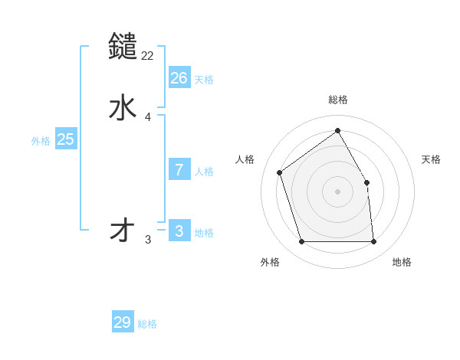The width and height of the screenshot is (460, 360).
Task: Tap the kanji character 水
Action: click(x=123, y=108)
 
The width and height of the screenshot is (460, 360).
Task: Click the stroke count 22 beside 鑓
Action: click(x=148, y=55)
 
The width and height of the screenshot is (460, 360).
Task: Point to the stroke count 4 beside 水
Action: click(x=148, y=117)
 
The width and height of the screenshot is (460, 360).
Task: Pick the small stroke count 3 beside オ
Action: click(x=148, y=240)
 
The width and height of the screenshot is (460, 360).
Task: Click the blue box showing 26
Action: click(x=179, y=77)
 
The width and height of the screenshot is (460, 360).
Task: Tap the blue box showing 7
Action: click(x=179, y=170)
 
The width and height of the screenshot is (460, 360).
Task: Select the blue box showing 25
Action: click(x=66, y=139)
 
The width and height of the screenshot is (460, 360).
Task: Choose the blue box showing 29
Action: click(x=123, y=322)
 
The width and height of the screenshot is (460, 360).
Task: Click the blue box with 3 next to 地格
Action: click(x=179, y=231)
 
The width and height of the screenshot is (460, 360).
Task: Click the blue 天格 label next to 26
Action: click(x=204, y=79)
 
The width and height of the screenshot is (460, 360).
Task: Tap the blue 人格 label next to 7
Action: click(x=204, y=172)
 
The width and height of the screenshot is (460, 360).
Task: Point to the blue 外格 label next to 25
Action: click(x=41, y=141)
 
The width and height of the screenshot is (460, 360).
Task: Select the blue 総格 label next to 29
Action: click(x=148, y=324)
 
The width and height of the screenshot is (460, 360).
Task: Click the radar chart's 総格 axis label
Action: click(x=338, y=100)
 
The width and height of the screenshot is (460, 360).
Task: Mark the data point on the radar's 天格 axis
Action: click(x=366, y=182)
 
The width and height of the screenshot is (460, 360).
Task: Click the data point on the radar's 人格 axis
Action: click(x=281, y=172)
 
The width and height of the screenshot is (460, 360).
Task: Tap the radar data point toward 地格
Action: click(x=373, y=241)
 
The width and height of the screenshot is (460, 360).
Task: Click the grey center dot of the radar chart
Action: click(x=338, y=191)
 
